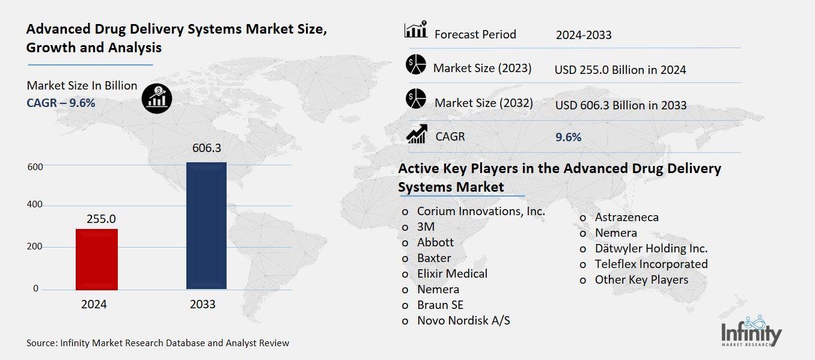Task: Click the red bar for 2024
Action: [x=97, y=259]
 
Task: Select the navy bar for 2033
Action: [x=206, y=225]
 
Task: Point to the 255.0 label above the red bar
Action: [x=101, y=219]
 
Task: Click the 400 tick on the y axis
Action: [x=35, y=205]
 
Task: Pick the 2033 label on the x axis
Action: [x=203, y=305]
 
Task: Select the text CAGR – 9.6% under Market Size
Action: [x=61, y=103]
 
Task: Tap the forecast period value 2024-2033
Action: [x=584, y=35]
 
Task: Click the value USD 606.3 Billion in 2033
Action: [x=621, y=105]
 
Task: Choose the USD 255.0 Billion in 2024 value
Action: [x=620, y=70]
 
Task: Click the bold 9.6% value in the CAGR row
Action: [x=569, y=137]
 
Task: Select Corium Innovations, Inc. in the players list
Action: [x=481, y=211]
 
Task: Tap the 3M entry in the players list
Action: [x=426, y=227]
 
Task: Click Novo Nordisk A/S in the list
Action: [x=463, y=320]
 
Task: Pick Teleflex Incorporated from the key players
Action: [x=651, y=264]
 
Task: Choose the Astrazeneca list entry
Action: [x=626, y=217]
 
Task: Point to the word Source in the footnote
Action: [x=41, y=343]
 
